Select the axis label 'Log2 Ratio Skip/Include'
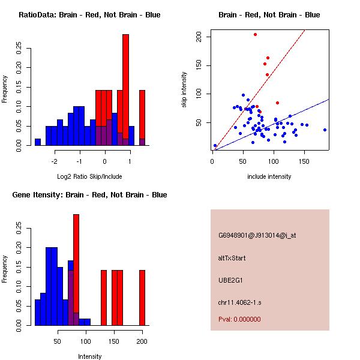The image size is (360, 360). click(89, 176)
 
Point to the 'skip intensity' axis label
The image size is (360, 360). click(185, 90)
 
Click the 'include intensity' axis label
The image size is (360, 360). click(269, 176)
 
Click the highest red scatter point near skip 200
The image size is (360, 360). click(255, 35)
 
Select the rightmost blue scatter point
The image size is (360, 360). click(325, 130)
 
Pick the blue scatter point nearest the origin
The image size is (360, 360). click(215, 145)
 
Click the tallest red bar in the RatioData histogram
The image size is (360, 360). click(126, 90)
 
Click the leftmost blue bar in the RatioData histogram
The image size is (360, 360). click(38, 142)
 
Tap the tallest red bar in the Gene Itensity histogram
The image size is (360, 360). click(76, 270)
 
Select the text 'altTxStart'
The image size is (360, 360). click(232, 259)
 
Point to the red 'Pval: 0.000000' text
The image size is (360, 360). click(239, 319)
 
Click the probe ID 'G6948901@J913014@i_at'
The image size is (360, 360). click(257, 235)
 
